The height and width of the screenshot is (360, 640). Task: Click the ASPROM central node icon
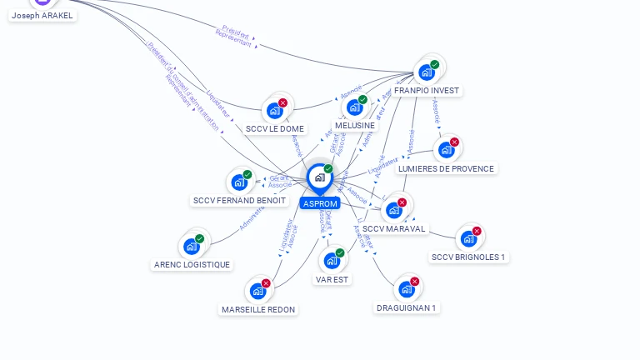pyautogui.click(x=319, y=177)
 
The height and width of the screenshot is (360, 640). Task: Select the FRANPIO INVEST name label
pyautogui.click(x=427, y=90)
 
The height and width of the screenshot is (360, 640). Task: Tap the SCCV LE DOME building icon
pyautogui.click(x=274, y=110)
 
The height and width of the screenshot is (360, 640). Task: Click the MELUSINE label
pyautogui.click(x=355, y=126)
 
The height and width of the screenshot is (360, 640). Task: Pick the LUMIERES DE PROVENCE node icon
pyautogui.click(x=446, y=150)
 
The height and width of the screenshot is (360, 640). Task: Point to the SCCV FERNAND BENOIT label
pyautogui.click(x=239, y=201)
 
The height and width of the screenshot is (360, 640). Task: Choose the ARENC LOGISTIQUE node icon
pyautogui.click(x=191, y=247)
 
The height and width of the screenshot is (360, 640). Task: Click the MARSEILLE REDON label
pyautogui.click(x=258, y=310)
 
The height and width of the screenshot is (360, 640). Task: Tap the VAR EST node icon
pyautogui.click(x=332, y=261)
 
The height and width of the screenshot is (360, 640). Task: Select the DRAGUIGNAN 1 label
pyautogui.click(x=407, y=307)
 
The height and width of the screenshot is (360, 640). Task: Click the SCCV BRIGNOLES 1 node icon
pyautogui.click(x=468, y=238)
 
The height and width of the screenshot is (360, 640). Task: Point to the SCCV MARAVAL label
pyautogui.click(x=394, y=229)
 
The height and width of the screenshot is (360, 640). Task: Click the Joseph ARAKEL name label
pyautogui.click(x=42, y=15)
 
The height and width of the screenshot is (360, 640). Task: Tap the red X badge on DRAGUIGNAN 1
pyautogui.click(x=415, y=282)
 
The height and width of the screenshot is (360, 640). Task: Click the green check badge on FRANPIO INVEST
pyautogui.click(x=435, y=64)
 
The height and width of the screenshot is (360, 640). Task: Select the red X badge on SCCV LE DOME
pyautogui.click(x=283, y=102)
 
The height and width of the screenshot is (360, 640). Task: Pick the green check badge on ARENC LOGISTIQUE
pyautogui.click(x=200, y=238)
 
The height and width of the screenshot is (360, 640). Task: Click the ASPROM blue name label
pyautogui.click(x=320, y=204)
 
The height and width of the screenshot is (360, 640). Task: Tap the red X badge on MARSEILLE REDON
pyautogui.click(x=267, y=283)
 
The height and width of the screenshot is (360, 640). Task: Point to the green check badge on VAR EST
pyautogui.click(x=340, y=252)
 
